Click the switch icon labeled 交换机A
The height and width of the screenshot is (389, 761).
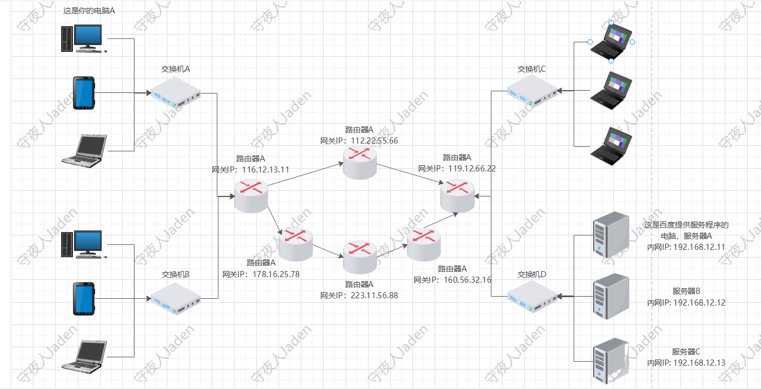(x=176, y=93)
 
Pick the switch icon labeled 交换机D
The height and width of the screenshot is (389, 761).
(x=533, y=297)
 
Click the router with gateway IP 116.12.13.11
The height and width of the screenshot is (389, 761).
(x=251, y=196)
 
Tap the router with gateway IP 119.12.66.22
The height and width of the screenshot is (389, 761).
(x=458, y=196)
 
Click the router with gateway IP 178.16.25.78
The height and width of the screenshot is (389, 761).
(x=295, y=245)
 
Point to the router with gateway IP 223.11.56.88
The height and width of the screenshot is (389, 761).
(x=360, y=256)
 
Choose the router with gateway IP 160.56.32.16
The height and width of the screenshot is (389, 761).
(x=424, y=245)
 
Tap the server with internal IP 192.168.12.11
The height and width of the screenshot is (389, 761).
(x=610, y=235)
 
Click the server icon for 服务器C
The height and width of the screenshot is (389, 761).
(x=610, y=360)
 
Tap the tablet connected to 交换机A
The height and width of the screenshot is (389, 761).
(x=84, y=93)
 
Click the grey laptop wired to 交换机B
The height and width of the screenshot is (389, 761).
(x=84, y=355)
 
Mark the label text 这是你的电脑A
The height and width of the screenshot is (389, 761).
(x=89, y=11)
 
